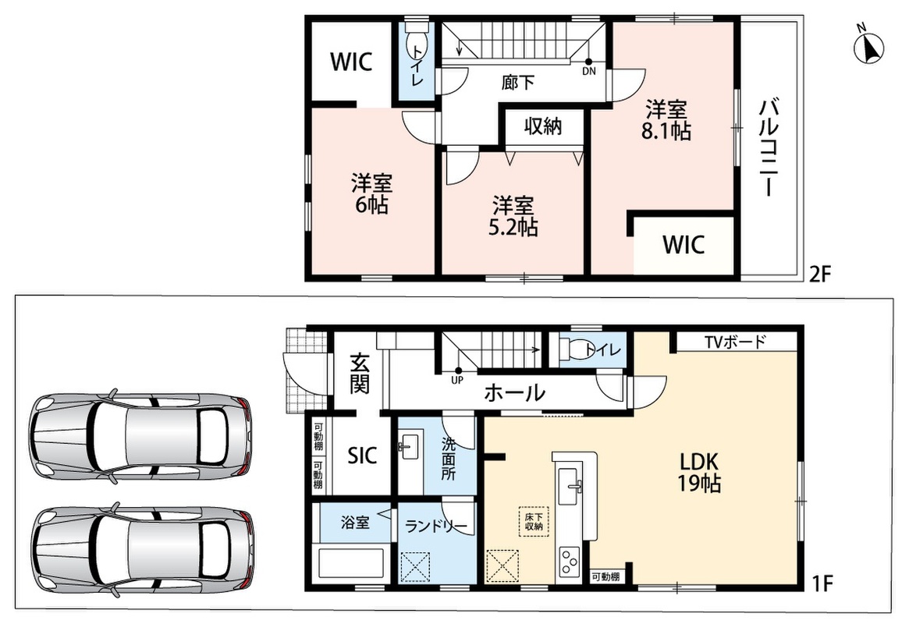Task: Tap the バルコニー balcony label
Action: coord(770,148)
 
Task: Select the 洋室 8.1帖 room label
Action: coord(666,121)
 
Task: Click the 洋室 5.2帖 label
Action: coord(513,216)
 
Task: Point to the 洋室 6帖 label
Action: coord(371,194)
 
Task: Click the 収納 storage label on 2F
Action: coord(543,126)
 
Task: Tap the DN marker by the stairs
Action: coord(588,67)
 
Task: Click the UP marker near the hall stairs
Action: coord(457,375)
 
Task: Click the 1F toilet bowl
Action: coord(573,349)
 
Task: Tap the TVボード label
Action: coord(736,342)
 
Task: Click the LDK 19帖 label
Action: coord(699,472)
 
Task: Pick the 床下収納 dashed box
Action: coord(534,522)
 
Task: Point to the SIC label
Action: coord(362,456)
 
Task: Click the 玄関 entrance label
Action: coord(360,374)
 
